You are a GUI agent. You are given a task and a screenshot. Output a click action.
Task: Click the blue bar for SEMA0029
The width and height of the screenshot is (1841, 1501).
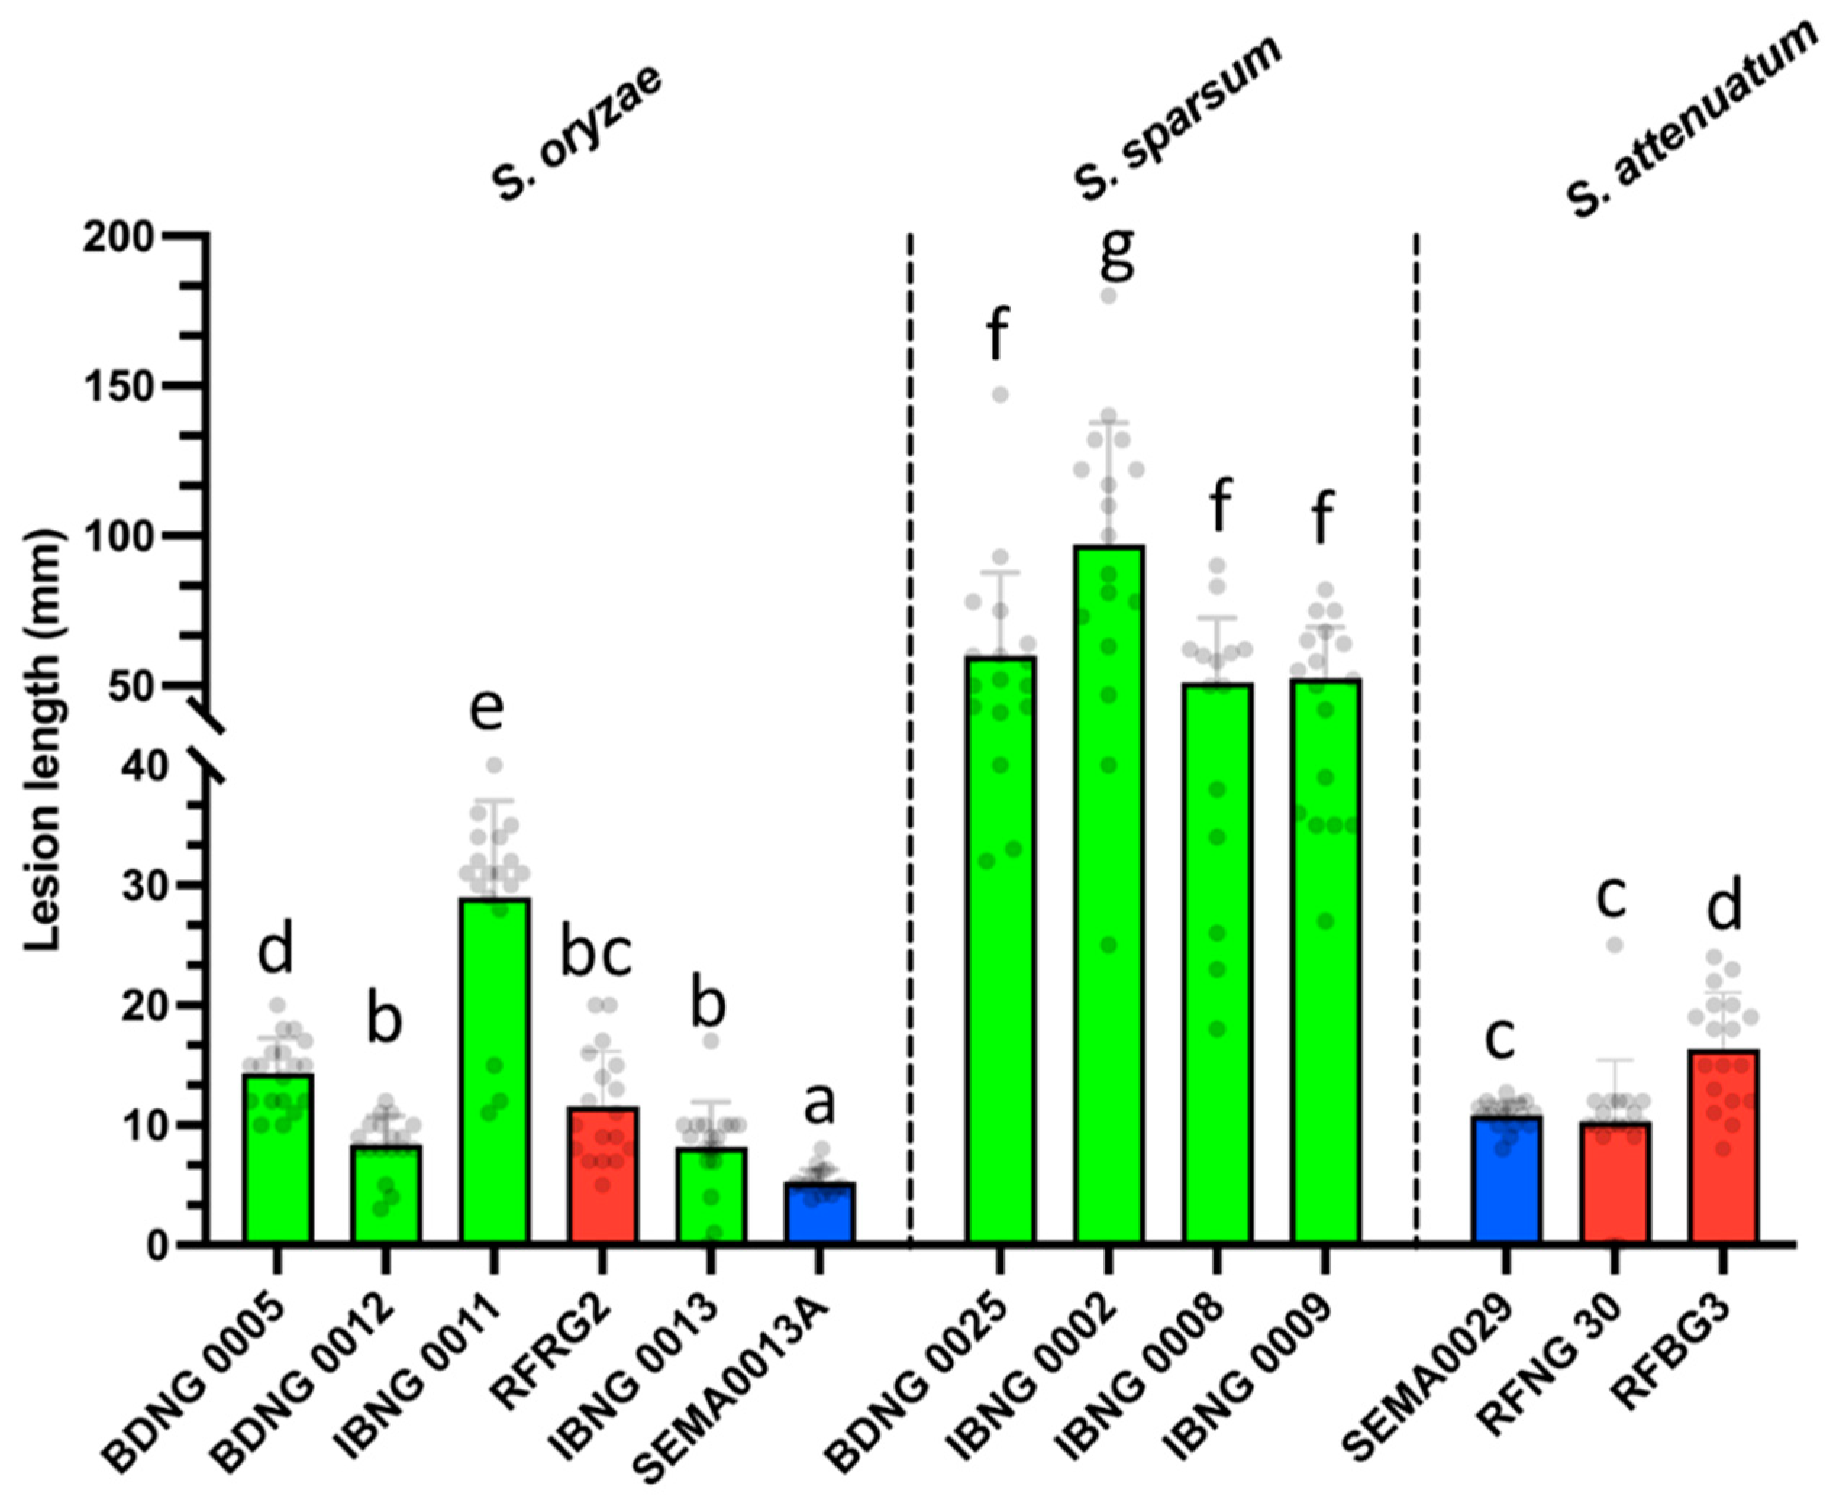click(x=1506, y=1180)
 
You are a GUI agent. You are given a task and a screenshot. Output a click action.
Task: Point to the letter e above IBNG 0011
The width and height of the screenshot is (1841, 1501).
click(x=487, y=707)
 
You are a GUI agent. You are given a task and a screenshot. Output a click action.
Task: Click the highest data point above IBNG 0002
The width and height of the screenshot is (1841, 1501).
click(x=1109, y=296)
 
